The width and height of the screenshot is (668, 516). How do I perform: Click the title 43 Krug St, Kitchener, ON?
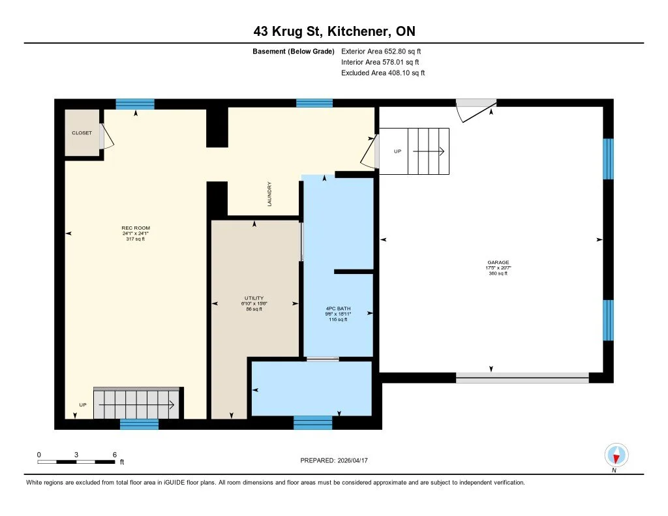pos(333,31)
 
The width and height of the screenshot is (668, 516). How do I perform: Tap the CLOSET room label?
pos(82,132)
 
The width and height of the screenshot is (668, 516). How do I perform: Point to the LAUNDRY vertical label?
pos(269,194)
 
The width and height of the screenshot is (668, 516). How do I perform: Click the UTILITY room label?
pos(254,298)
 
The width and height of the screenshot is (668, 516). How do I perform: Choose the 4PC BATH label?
pos(339,309)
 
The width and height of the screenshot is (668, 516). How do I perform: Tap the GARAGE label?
pos(498,263)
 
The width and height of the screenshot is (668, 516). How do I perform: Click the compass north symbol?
pos(616,455)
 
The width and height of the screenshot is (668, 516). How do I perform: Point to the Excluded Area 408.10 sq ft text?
pos(383,73)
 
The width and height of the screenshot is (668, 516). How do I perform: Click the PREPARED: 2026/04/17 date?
pos(339,460)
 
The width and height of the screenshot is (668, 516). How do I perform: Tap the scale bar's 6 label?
pos(115,455)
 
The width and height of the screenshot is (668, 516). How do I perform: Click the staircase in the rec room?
pos(136,404)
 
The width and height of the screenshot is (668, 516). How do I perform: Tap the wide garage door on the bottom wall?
pos(522,378)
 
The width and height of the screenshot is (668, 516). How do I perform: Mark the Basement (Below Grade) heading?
pos(294,51)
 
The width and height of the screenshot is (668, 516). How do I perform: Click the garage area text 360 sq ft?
pos(498,273)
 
